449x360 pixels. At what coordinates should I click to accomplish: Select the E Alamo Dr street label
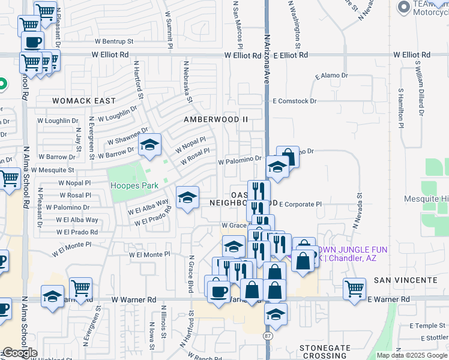pyautogui.click(x=331, y=76)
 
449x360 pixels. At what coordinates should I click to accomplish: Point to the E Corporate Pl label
pyautogui.click(x=300, y=205)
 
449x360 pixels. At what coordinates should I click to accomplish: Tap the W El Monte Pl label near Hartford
pyautogui.click(x=150, y=254)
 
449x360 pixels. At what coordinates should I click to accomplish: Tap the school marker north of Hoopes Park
pyautogui.click(x=149, y=145)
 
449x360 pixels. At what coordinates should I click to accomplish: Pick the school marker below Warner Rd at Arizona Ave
pyautogui.click(x=276, y=314)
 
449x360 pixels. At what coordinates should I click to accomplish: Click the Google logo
pyautogui.click(x=20, y=353)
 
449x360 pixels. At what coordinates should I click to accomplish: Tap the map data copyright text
pyautogui.click(x=412, y=355)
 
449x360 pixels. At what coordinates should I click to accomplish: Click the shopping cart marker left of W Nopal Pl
pyautogui.click(x=9, y=178)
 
